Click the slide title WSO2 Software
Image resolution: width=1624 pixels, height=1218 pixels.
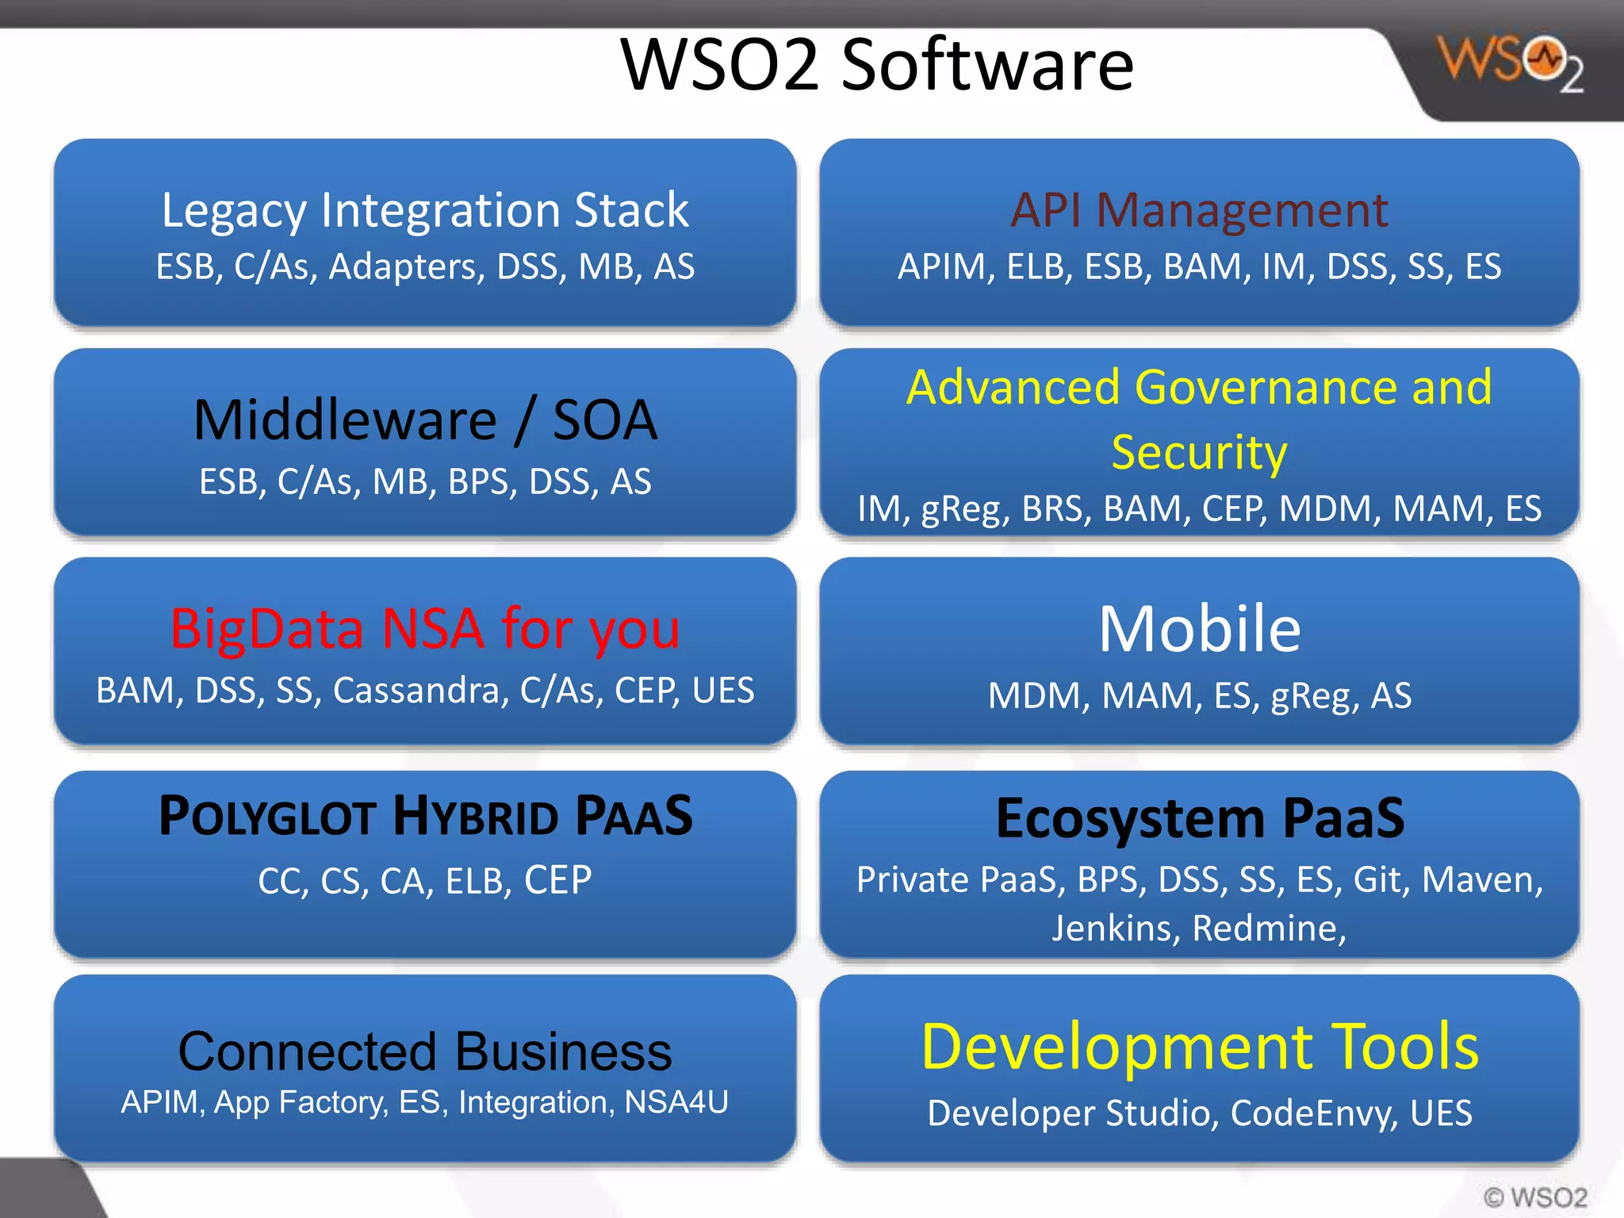point(876,65)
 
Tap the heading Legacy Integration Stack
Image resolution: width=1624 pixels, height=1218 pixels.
point(425,211)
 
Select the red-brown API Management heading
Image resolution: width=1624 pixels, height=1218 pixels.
point(1199,211)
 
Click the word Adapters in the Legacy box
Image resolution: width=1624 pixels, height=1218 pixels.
point(407,267)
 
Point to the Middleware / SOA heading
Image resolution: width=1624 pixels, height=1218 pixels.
point(425,420)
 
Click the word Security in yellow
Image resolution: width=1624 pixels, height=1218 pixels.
point(1199,453)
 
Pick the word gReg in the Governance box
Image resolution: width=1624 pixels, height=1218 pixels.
point(965,509)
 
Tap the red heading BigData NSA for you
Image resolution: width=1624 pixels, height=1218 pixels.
point(425,630)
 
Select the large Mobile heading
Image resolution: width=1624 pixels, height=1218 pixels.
point(1199,630)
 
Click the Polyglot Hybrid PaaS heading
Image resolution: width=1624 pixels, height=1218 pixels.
point(425,817)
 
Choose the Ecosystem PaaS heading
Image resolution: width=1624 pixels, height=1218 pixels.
point(1199,818)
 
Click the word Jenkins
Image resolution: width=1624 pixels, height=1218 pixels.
point(1112,929)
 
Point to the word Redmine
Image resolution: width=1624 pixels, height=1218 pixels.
point(1267,929)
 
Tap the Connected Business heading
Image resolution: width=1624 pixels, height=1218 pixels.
point(425,1051)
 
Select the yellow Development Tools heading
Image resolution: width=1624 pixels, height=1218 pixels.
point(1199,1048)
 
